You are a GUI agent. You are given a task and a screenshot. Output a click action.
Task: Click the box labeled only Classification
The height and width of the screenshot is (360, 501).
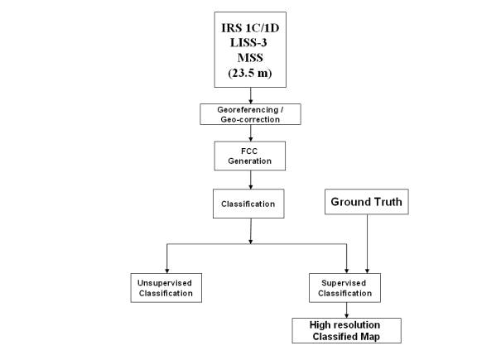point(250,202)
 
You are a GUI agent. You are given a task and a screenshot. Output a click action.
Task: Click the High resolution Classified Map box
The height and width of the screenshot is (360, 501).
point(345,330)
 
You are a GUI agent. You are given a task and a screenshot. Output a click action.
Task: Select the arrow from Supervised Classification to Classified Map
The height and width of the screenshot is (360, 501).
point(345,310)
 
